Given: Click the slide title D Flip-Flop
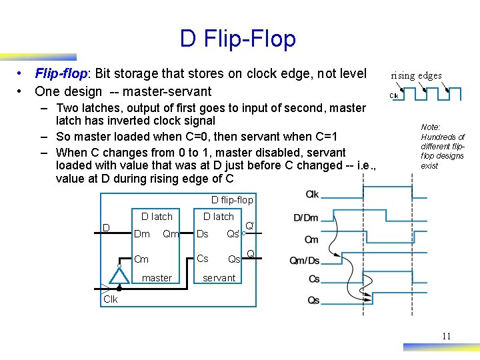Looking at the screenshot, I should pyautogui.click(x=237, y=39).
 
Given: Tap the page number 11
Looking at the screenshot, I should pyautogui.click(x=446, y=336).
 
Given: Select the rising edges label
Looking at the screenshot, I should pyautogui.click(x=416, y=75).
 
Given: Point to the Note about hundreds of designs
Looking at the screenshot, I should pyautogui.click(x=442, y=146).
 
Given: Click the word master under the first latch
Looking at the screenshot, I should pyautogui.click(x=157, y=278).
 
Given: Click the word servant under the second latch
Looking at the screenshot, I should pyautogui.click(x=219, y=278).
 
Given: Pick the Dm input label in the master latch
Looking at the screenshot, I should pyautogui.click(x=142, y=234).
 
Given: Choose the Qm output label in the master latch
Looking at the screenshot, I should pyautogui.click(x=171, y=234).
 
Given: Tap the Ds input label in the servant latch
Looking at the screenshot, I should pyautogui.click(x=203, y=234).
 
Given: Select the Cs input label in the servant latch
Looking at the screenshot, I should pyautogui.click(x=203, y=259).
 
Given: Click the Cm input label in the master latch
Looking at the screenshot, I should pyautogui.click(x=141, y=259).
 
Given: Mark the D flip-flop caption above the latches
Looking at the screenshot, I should pyautogui.click(x=232, y=200).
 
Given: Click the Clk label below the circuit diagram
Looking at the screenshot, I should pyautogui.click(x=111, y=299).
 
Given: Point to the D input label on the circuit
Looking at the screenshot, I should pyautogui.click(x=106, y=229).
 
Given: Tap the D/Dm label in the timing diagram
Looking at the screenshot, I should pyautogui.click(x=306, y=218).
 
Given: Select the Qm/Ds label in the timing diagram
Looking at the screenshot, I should pyautogui.click(x=304, y=261).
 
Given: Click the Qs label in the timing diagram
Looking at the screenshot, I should pyautogui.click(x=313, y=301).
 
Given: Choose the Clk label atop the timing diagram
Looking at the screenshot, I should pyautogui.click(x=312, y=195).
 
